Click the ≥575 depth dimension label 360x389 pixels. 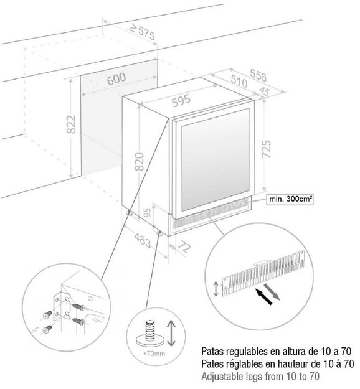pos(143,32)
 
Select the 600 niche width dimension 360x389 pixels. pos(116,79)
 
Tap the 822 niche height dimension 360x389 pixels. pos(72,124)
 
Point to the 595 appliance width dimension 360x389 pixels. pos(181,100)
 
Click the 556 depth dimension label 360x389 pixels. pos(258,75)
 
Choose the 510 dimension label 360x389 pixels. pos(239,81)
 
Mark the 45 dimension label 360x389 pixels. pos(264,91)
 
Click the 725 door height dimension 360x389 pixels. pos(267,149)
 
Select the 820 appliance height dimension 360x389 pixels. pos(140,162)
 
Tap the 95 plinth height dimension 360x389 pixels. pos(148,212)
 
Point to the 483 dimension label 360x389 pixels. pos(143,240)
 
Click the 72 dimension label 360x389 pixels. pos(185,246)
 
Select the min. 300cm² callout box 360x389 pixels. pos(290,199)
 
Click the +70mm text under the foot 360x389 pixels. pos(154,353)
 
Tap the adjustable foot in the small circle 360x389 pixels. pos(150,334)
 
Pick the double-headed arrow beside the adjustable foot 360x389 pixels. pos(171,333)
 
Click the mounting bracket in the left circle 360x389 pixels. pos(62,306)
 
